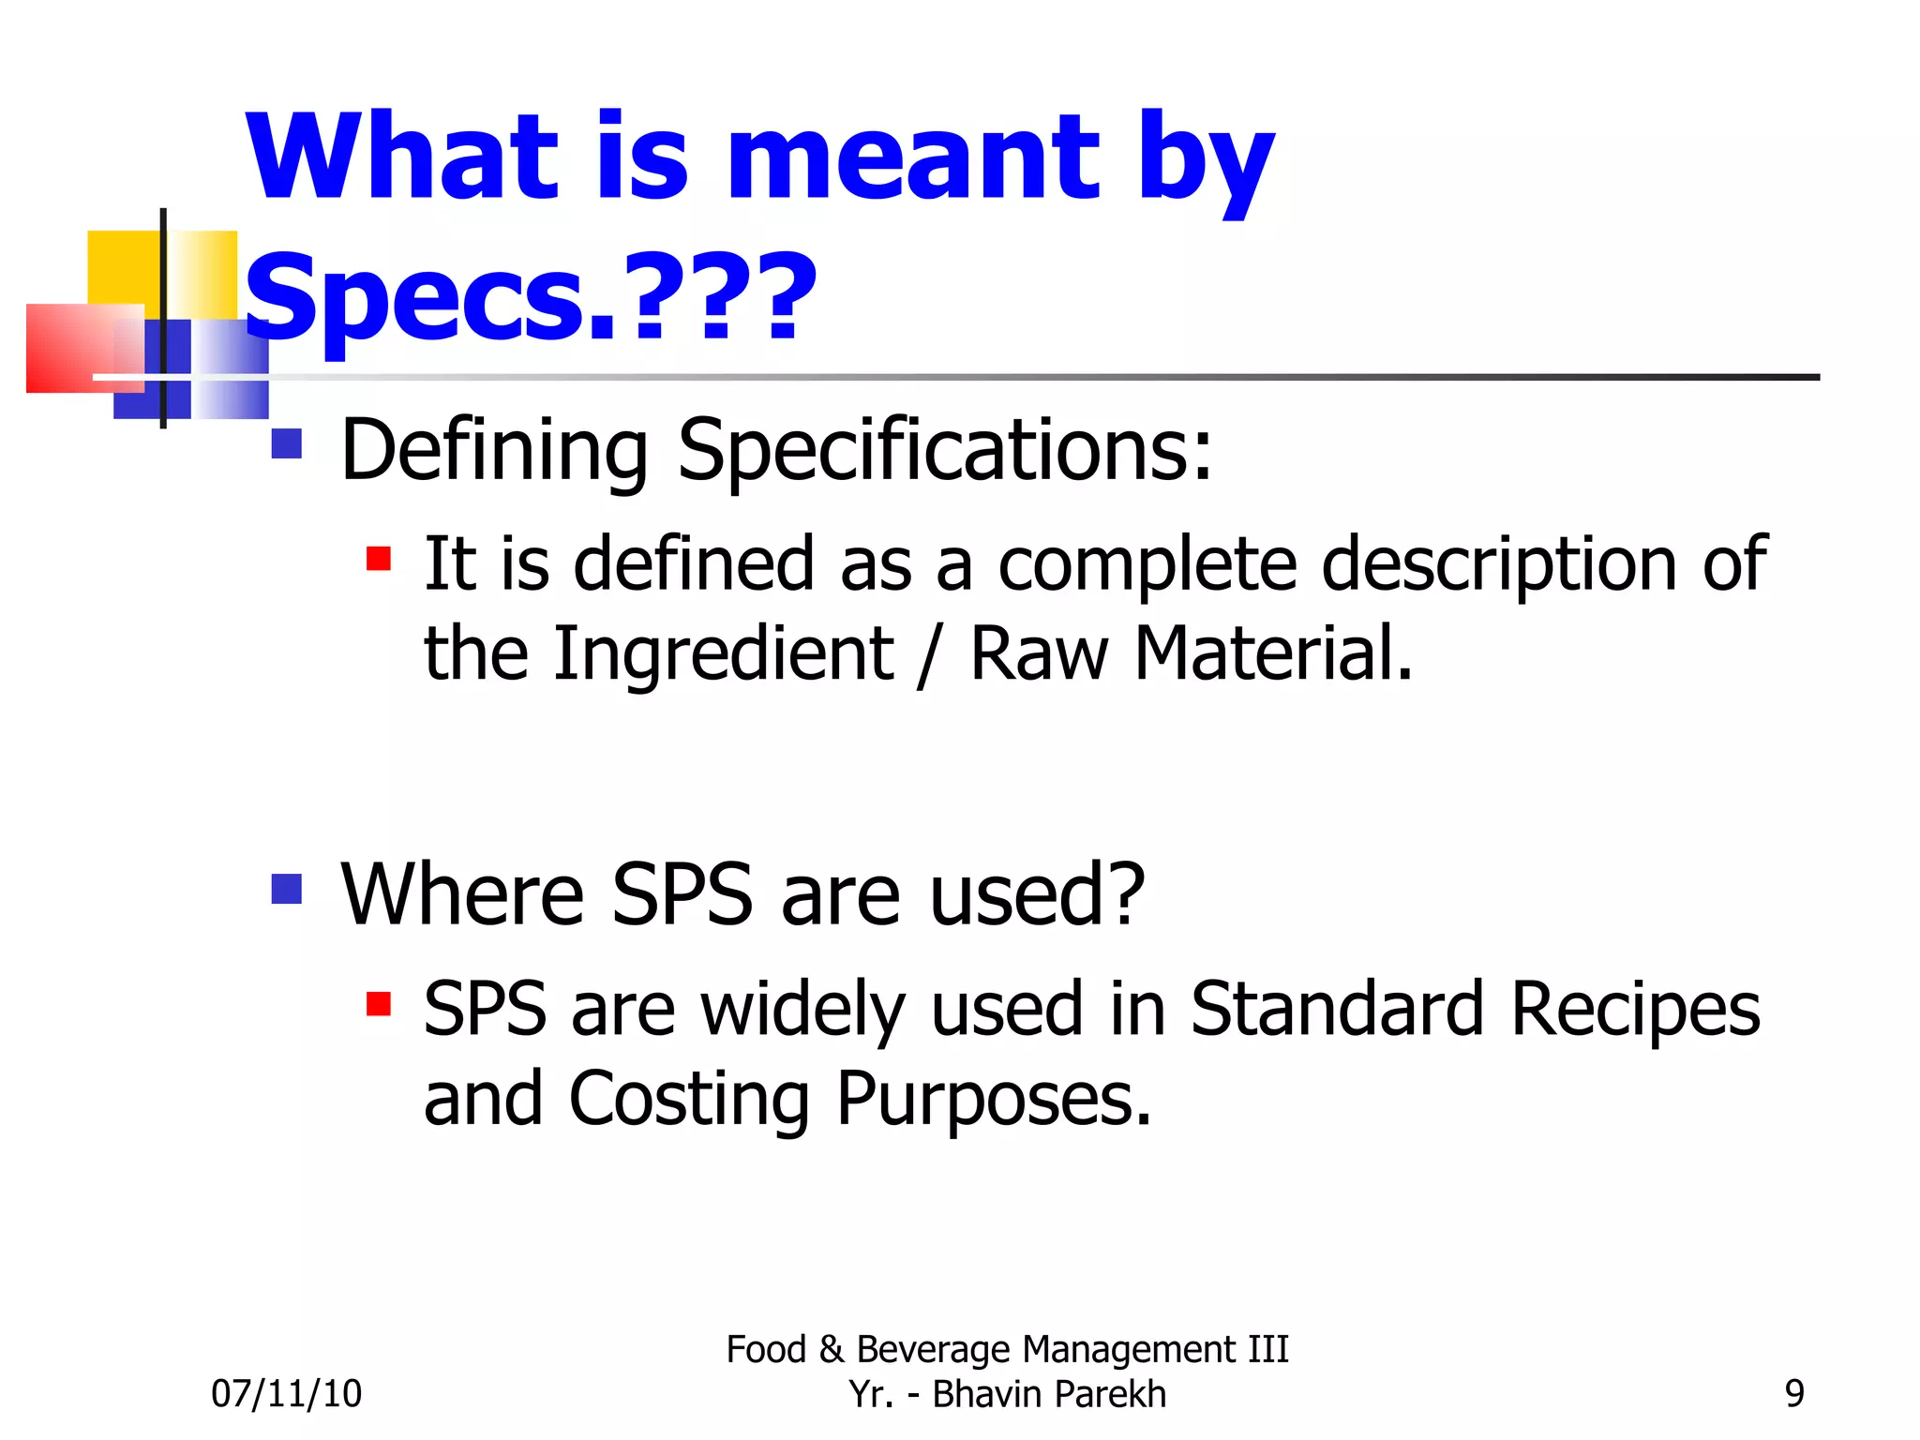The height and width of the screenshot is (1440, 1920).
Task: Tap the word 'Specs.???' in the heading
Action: point(531,298)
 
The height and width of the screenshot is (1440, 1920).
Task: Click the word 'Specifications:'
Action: point(944,451)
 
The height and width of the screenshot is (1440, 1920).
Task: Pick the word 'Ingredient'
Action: point(723,653)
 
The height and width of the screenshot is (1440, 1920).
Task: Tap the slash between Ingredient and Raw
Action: point(928,656)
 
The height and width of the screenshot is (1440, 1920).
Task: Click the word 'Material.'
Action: point(1273,653)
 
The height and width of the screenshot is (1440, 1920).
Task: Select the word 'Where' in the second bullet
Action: point(462,895)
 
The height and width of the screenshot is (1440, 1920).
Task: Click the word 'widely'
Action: point(802,1011)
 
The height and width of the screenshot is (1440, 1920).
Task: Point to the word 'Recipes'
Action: point(1635,1011)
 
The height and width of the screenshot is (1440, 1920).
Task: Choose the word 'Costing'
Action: point(689,1100)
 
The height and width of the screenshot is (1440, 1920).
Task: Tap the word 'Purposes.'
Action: point(993,1100)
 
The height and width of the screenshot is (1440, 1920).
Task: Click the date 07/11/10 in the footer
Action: point(286,1394)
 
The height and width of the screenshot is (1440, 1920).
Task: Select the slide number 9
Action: point(1794,1394)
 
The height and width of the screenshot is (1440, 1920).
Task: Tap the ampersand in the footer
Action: point(831,1350)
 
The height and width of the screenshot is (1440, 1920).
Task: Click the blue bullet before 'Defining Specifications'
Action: point(287,443)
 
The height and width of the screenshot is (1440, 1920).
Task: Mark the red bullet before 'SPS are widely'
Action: point(379,1004)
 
